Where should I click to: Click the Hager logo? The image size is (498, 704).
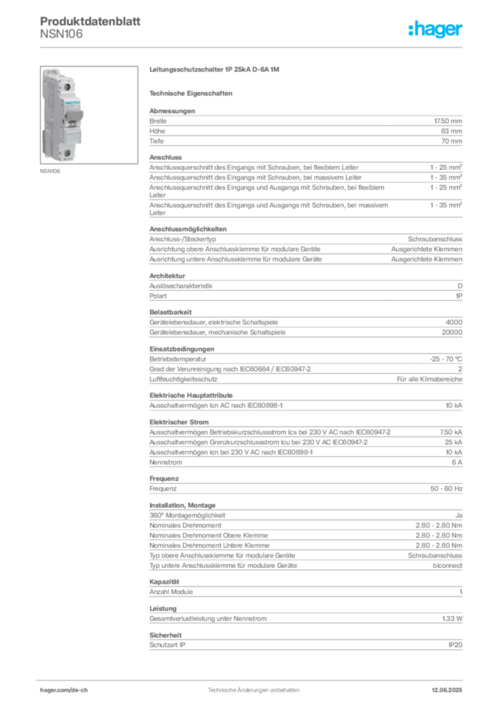click(x=435, y=29)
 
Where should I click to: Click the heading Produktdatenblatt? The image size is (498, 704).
click(x=90, y=21)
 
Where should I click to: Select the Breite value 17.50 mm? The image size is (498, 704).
click(x=448, y=121)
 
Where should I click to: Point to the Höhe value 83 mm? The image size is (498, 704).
click(x=451, y=131)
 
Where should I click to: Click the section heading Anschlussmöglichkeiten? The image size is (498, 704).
click(x=188, y=229)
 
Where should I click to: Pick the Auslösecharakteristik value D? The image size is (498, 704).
click(x=460, y=286)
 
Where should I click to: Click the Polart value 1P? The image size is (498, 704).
click(x=459, y=296)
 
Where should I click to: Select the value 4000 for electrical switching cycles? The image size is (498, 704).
click(x=453, y=322)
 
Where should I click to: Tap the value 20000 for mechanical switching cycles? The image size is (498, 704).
click(x=452, y=332)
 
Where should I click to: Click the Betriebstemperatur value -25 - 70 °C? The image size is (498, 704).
click(x=446, y=359)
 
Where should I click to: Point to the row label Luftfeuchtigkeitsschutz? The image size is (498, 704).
click(x=183, y=379)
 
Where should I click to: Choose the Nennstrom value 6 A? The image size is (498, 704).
click(x=457, y=463)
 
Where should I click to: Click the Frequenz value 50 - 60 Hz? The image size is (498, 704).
click(x=446, y=489)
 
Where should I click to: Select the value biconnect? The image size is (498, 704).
click(x=447, y=566)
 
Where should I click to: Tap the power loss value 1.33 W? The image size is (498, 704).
click(x=452, y=619)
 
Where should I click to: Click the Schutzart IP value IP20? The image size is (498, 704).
click(x=455, y=645)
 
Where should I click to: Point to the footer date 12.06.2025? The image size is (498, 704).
click(x=447, y=690)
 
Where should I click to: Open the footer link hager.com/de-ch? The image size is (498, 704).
click(x=64, y=690)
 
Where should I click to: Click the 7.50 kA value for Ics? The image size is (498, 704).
click(x=451, y=432)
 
